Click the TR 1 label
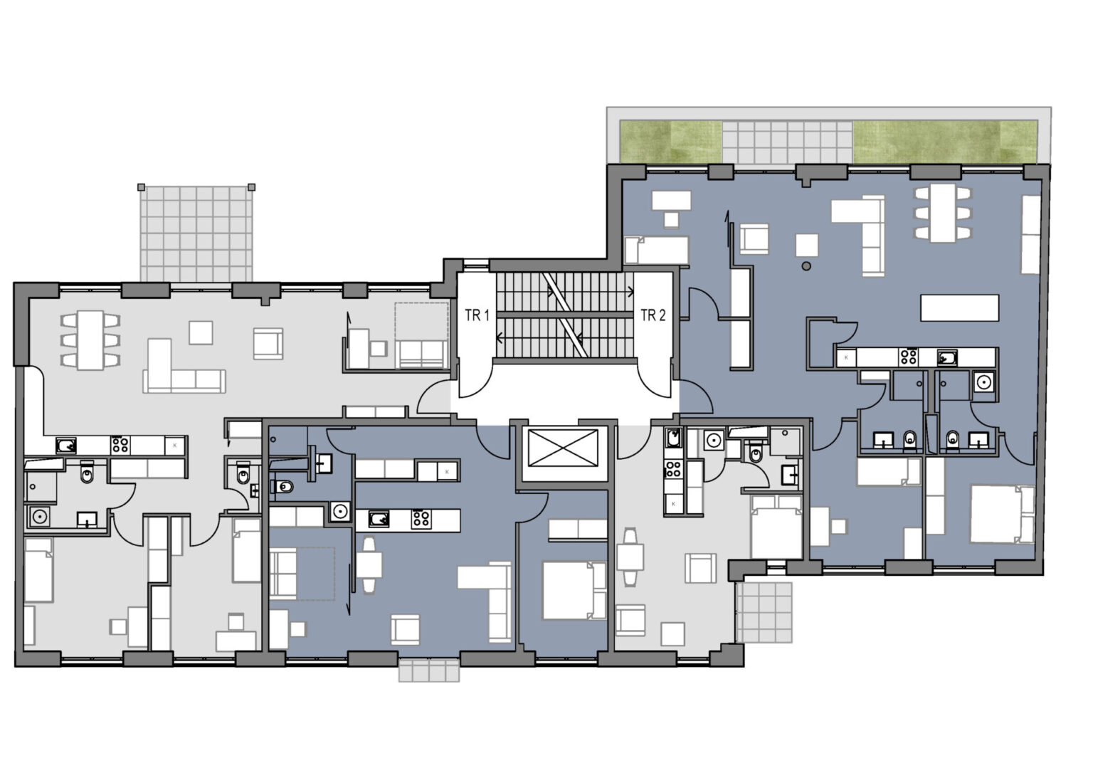coord(477,316)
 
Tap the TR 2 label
coord(653,316)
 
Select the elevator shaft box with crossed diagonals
coord(563,448)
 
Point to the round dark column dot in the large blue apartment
coord(806,266)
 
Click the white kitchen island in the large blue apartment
coord(959,307)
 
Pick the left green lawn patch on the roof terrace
coord(670,142)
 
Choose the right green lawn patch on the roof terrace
coord(945,142)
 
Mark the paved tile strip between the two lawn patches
coord(787,142)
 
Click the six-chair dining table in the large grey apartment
coord(91,340)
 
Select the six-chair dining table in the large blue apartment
coord(942,213)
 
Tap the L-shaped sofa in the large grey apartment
coord(184,366)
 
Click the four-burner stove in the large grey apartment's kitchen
coord(120,445)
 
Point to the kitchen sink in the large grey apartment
coord(66,446)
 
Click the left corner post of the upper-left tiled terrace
coord(141,187)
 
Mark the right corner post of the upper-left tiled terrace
coord(252,187)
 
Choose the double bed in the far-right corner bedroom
coord(1002,514)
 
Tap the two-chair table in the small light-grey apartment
coord(630,557)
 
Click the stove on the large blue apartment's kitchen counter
coord(909,357)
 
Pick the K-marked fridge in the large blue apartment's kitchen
coord(847,357)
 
